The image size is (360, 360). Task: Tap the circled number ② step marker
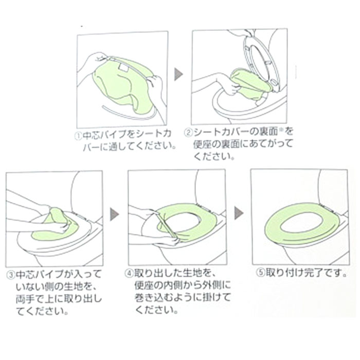click(x=188, y=133)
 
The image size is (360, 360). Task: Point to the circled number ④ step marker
click(x=129, y=274)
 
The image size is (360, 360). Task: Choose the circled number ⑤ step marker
click(x=261, y=273)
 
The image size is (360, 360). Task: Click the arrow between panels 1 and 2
click(x=178, y=74)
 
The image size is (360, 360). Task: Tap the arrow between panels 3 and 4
click(x=115, y=214)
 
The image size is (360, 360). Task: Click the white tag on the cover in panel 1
click(x=124, y=68)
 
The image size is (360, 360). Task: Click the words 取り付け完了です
click(x=303, y=273)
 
